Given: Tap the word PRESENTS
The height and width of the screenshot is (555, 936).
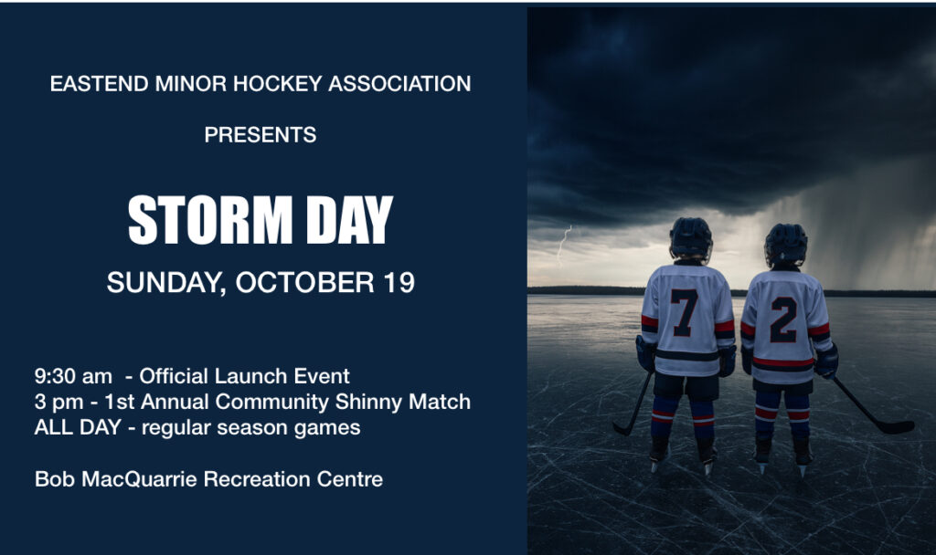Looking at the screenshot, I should [x=261, y=135].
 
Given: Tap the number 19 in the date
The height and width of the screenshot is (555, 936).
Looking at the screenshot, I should [x=396, y=282].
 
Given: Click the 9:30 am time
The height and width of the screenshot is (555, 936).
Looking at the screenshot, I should [x=73, y=375].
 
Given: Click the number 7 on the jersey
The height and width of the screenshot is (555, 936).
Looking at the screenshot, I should [x=684, y=313].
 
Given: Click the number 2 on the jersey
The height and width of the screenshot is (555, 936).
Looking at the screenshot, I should [x=783, y=319].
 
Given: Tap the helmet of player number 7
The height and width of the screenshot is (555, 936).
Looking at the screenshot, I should [x=690, y=238].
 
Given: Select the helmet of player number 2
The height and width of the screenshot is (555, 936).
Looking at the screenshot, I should [x=785, y=243].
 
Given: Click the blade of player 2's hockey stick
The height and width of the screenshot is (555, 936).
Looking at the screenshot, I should [x=896, y=426].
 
